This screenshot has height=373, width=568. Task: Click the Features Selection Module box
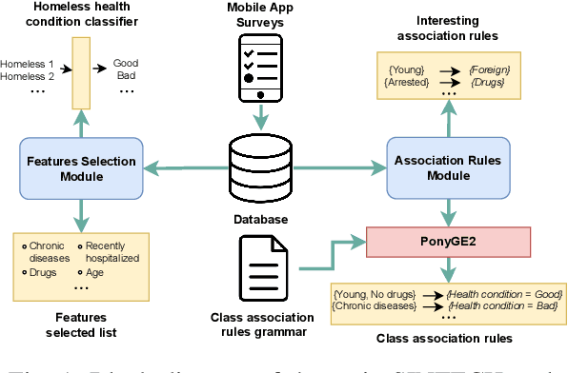coord(77,168)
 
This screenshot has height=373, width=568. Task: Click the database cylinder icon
coord(261,169)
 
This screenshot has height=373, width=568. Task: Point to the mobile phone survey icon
coord(260,69)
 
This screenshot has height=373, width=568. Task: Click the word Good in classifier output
coord(125,64)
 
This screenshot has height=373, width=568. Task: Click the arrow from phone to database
coord(260,115)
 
